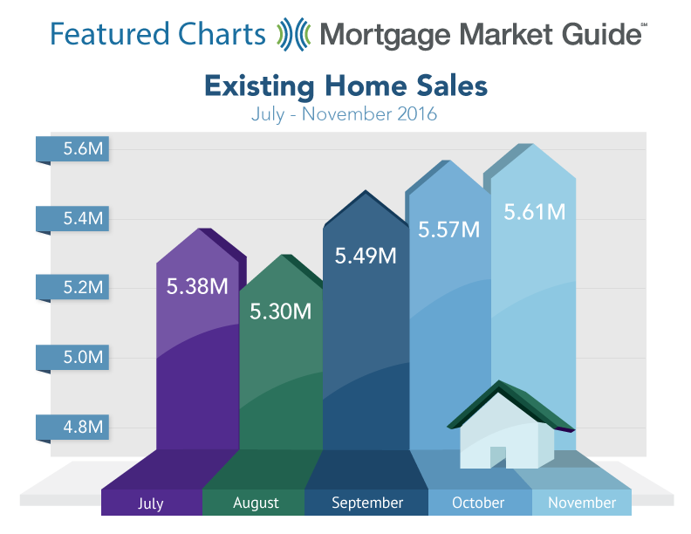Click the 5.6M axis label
[x=83, y=148]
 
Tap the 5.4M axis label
[x=83, y=218]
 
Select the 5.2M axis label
[x=83, y=287]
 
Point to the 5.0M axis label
[x=83, y=357]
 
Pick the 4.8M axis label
[x=83, y=427]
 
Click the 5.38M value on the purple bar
[x=197, y=286]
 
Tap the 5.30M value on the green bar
[x=281, y=311]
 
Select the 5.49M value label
[x=366, y=256]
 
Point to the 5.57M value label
[x=448, y=229]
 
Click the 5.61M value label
[x=535, y=211]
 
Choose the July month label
[x=151, y=503]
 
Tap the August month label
[x=256, y=503]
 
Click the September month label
[x=367, y=503]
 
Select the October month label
[x=478, y=503]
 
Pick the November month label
[x=582, y=503]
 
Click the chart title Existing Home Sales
[x=346, y=86]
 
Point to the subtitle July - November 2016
[x=344, y=114]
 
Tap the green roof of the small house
[x=511, y=405]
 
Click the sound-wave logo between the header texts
[x=293, y=34]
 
